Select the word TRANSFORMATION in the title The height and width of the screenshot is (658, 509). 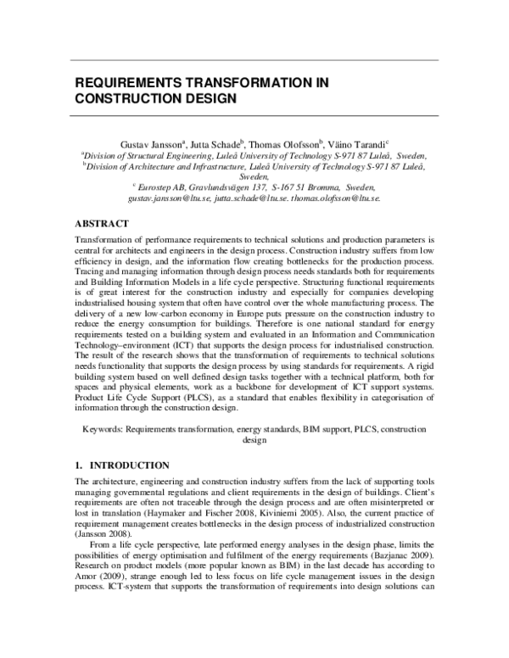pyautogui.click(x=260, y=85)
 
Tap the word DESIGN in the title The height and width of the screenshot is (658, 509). pyautogui.click(x=206, y=99)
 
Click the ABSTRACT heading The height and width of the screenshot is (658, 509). pyautogui.click(x=102, y=224)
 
